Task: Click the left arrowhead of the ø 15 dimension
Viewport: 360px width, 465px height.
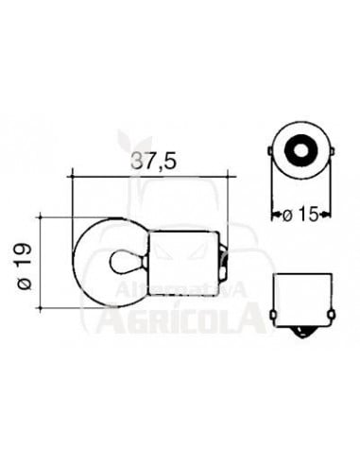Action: pos(275,215)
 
